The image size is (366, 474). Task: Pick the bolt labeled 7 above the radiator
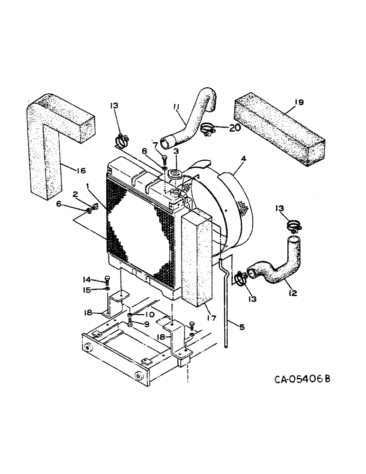(x=165, y=158)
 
